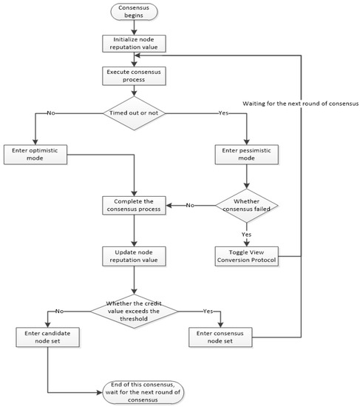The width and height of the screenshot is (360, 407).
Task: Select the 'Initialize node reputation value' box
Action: pos(134,43)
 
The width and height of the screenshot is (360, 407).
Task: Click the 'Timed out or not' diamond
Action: pos(134,113)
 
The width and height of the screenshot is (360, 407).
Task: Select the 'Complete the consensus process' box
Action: pos(134,205)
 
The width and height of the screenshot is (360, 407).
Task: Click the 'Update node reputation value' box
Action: pos(134,257)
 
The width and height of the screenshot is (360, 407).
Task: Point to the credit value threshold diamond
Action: pos(134,311)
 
